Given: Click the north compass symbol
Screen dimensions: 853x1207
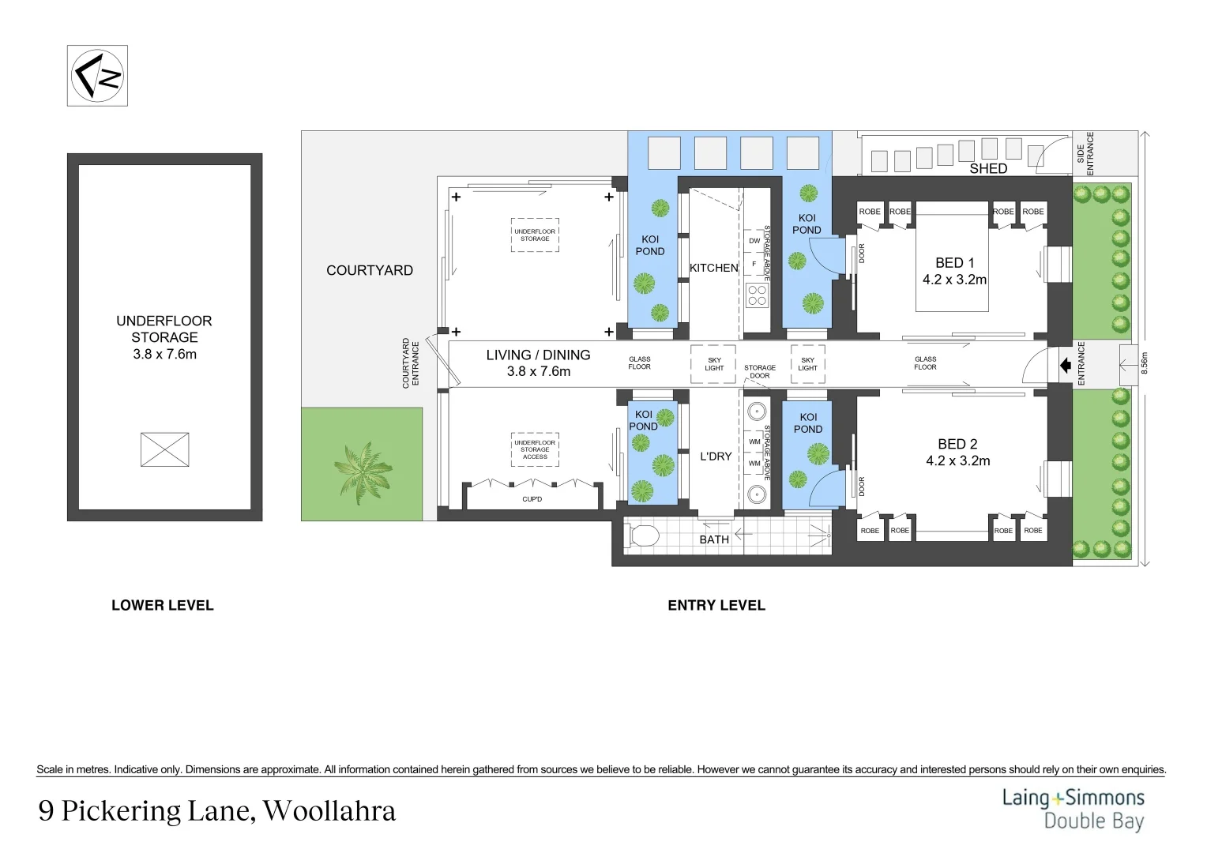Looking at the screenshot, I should [97, 76].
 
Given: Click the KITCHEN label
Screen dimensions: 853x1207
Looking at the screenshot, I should [713, 268].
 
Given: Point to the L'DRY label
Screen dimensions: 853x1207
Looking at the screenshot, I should [716, 457].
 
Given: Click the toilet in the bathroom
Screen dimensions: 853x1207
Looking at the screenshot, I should [643, 536].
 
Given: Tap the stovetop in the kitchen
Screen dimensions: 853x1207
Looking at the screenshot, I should [757, 295].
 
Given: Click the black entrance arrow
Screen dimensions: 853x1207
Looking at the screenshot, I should [1065, 366].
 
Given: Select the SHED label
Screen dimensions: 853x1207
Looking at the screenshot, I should [988, 168].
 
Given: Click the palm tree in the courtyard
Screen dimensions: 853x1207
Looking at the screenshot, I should [363, 472].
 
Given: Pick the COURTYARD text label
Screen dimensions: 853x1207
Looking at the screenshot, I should [370, 270].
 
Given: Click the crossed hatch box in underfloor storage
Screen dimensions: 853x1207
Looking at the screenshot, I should [164, 449].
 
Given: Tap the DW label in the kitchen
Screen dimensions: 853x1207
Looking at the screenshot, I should [754, 241].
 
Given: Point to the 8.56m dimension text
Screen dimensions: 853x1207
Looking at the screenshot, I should [1145, 363].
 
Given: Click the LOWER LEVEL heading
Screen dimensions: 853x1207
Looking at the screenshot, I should [162, 606].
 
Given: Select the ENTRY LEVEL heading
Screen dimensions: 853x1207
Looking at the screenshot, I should [716, 606].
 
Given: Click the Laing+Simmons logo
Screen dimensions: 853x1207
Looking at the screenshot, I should [1073, 809].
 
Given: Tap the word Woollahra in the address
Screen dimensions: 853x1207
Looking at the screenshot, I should [329, 811].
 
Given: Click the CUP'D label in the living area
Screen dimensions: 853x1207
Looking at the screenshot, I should [532, 499].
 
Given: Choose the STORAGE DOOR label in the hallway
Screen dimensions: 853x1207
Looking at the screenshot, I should [760, 371].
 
